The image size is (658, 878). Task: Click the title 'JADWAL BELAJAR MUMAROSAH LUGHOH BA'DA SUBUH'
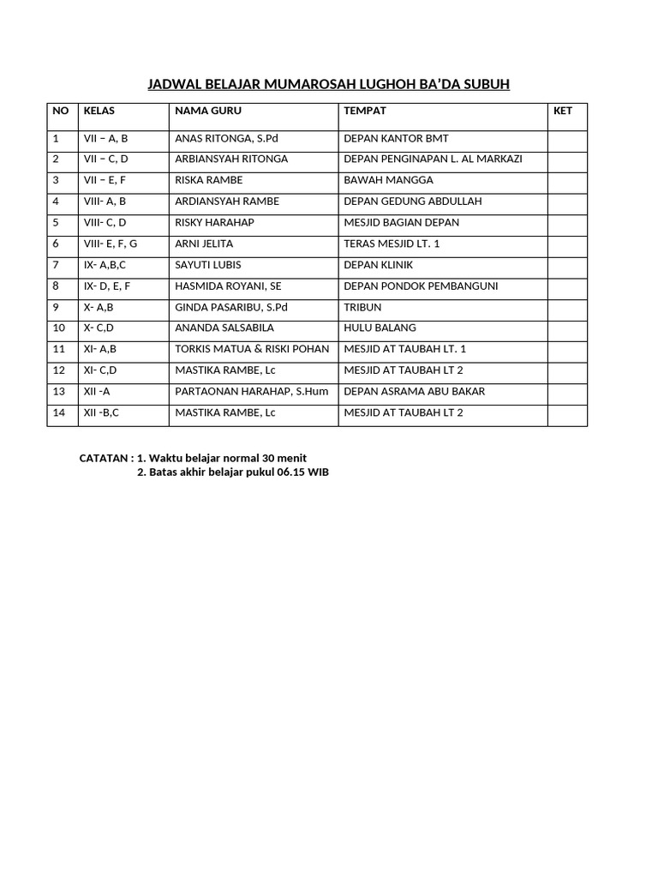(x=329, y=84)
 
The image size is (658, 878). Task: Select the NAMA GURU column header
(x=208, y=111)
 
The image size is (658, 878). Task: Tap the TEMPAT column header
(x=365, y=111)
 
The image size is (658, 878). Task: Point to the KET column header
(x=563, y=111)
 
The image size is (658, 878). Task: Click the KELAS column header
(x=99, y=111)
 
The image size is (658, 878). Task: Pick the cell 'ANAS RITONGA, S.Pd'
(x=226, y=138)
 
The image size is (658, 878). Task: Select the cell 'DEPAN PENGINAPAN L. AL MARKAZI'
(x=433, y=159)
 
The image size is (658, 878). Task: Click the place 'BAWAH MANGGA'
(x=388, y=180)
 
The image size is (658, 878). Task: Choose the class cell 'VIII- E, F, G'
(x=110, y=244)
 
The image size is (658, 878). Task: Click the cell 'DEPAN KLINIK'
(x=378, y=265)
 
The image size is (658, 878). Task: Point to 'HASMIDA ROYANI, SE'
(x=228, y=286)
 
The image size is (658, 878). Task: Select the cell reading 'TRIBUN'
(x=362, y=307)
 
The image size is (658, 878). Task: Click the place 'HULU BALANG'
(x=380, y=328)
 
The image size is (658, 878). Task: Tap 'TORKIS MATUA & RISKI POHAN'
(x=252, y=349)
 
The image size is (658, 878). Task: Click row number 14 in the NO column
(x=58, y=412)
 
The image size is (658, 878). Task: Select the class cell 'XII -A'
(x=98, y=391)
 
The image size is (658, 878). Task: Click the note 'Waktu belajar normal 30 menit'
(x=227, y=458)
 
